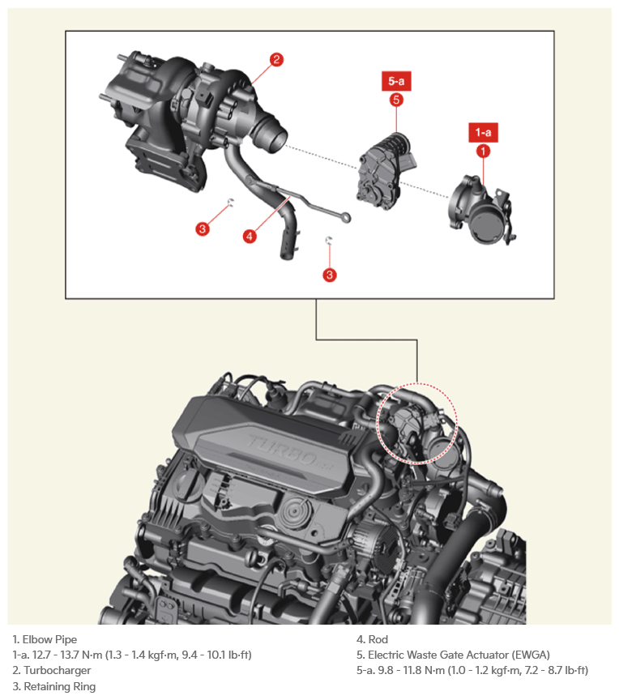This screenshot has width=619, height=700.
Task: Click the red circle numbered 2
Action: [276, 60]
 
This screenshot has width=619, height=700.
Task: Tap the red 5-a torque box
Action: [396, 81]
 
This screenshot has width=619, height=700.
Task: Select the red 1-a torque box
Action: [484, 133]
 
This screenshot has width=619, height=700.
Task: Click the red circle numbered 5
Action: [396, 100]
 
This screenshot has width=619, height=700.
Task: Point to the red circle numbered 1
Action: [484, 151]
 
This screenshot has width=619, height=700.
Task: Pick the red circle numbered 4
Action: [250, 236]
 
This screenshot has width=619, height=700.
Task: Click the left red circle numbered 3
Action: [203, 229]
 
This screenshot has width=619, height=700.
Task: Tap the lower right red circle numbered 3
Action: [330, 275]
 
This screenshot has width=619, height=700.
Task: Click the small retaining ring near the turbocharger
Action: [230, 203]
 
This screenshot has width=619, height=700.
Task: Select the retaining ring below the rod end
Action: [329, 241]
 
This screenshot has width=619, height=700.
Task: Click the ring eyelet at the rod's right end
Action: [345, 218]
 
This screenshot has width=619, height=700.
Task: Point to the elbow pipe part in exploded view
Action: [483, 211]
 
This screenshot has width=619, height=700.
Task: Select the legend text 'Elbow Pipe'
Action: [49, 639]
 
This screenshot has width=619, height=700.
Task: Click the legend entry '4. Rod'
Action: [372, 639]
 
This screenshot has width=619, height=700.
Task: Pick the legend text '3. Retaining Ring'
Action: [54, 686]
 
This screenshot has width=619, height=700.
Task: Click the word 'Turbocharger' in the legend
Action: [58, 670]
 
